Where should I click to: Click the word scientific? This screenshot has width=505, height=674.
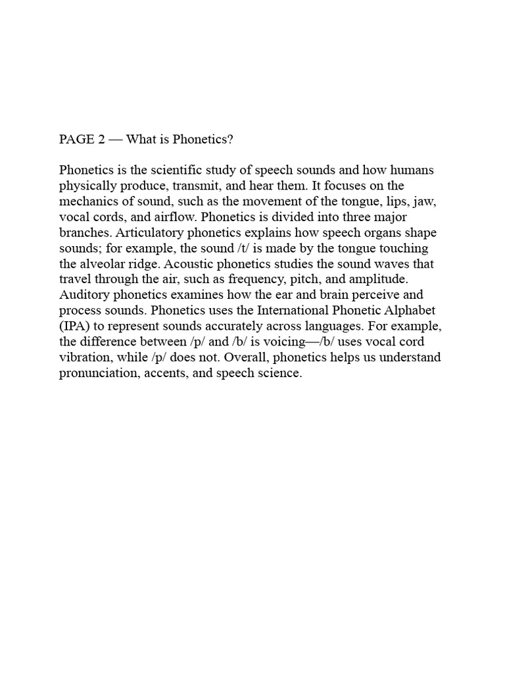tap(179, 170)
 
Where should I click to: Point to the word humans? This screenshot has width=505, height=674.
tap(412, 170)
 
